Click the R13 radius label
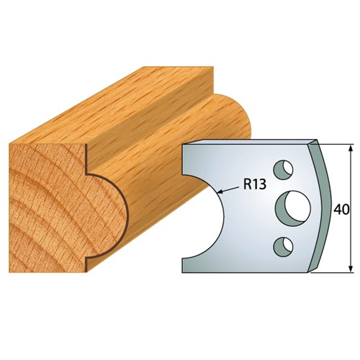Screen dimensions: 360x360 [255, 184]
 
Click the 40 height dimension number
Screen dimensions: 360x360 [341, 210]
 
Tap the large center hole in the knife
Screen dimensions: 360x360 [293, 209]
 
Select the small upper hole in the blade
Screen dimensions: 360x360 [284, 169]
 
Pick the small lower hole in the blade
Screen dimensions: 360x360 [284, 247]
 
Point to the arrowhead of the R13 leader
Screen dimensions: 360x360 [219, 192]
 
